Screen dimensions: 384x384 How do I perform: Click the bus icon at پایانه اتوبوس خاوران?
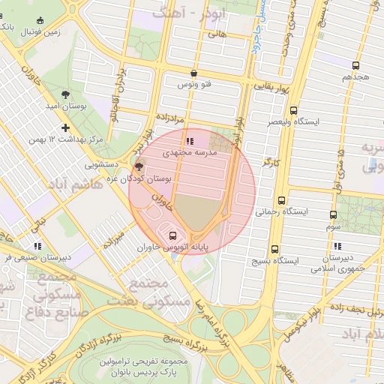click(174, 235)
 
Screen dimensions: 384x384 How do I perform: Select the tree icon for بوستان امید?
click(65, 95)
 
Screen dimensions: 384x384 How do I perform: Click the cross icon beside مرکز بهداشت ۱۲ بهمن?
click(65, 127)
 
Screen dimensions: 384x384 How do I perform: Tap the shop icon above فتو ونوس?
click(194, 73)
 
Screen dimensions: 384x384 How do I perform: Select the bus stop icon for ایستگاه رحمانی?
click(281, 200)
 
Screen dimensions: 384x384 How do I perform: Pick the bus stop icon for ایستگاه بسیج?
click(273, 248)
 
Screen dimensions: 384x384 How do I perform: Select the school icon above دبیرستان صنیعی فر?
click(37, 246)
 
